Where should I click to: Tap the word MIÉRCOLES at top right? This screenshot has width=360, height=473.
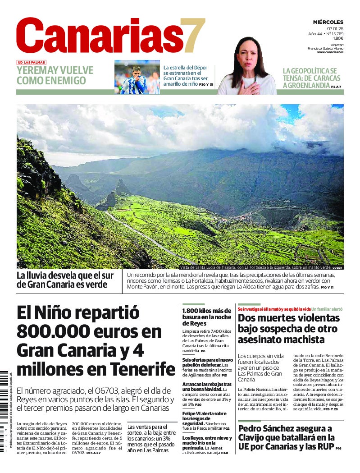click(328, 22)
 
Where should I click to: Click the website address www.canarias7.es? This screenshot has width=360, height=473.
click(330, 52)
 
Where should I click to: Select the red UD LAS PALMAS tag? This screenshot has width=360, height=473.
click(32, 62)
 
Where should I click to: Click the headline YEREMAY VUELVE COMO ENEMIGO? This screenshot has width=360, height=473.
click(55, 75)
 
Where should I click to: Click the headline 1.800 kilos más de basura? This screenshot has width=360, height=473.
click(207, 317)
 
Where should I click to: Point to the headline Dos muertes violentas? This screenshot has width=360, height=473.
click(288, 328)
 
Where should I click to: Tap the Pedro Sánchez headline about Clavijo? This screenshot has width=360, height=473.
click(286, 437)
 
